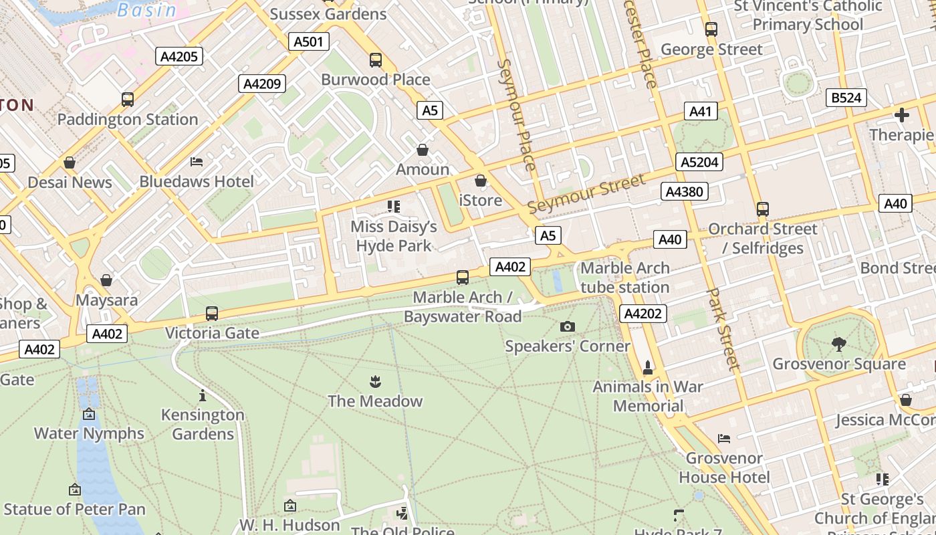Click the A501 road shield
308,42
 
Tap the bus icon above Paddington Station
128,100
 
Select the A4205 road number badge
180,56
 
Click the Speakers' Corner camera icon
567,326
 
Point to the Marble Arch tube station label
624,278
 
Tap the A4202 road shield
643,314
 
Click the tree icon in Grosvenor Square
838,344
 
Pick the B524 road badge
846,98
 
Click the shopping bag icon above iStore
480,181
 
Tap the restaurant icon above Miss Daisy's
393,207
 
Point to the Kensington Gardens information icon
203,395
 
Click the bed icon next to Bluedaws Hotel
197,162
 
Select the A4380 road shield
685,192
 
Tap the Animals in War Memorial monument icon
647,367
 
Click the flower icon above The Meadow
374,382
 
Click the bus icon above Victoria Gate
212,313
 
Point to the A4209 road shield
262,84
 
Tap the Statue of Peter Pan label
74,509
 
